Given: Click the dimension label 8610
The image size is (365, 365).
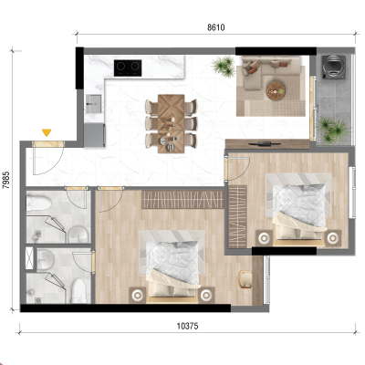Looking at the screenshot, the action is (x=216, y=27).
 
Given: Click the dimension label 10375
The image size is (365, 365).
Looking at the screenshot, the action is (x=187, y=327).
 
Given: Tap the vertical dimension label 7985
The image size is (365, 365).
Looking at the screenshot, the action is (x=6, y=180).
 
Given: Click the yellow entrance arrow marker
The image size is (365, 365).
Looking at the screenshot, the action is (x=47, y=132).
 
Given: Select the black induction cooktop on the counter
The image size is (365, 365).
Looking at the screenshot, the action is (x=128, y=68).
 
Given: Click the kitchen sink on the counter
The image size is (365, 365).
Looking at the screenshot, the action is (x=93, y=104).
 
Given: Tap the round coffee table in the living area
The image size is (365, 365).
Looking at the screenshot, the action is (x=276, y=90).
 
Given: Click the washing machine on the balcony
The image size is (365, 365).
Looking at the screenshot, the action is (x=334, y=67).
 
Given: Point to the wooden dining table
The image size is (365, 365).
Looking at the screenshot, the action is (x=171, y=123).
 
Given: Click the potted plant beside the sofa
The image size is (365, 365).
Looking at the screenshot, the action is (x=224, y=66).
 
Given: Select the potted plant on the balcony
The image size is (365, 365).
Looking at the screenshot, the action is (x=333, y=130).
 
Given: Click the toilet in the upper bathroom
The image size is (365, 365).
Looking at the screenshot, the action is (x=38, y=203).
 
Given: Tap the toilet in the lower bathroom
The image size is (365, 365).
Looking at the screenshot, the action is (x=78, y=291).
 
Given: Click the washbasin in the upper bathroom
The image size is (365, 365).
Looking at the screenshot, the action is (x=78, y=235).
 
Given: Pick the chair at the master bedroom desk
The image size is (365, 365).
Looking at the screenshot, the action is (x=245, y=279).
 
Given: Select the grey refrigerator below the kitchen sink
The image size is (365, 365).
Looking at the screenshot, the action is (x=95, y=135).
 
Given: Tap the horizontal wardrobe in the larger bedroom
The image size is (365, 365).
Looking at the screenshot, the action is (x=182, y=200).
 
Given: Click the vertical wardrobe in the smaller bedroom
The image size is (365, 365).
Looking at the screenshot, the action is (x=237, y=216).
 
